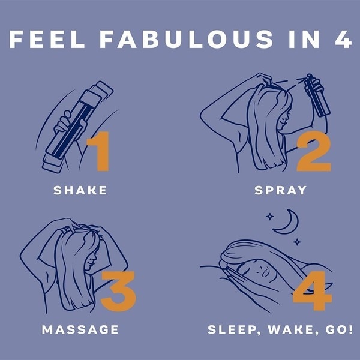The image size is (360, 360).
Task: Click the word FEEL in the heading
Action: [x=47, y=39]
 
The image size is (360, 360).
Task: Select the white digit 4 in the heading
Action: [x=343, y=39]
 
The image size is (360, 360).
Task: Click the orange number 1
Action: [x=99, y=151]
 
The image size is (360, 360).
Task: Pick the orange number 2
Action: [x=314, y=151]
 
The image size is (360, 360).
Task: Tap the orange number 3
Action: [x=118, y=292]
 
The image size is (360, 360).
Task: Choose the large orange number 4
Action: [x=313, y=290]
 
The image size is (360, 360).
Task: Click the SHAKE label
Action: [x=80, y=190]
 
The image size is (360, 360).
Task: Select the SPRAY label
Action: [x=281, y=190]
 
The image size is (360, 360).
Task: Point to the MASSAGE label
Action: [x=80, y=329]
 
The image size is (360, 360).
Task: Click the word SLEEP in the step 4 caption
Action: [x=233, y=330]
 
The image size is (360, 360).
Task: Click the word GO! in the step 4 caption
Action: [x=339, y=329]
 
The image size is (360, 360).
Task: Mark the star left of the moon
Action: [x=270, y=217]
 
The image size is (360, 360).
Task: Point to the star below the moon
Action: [x=297, y=242]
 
